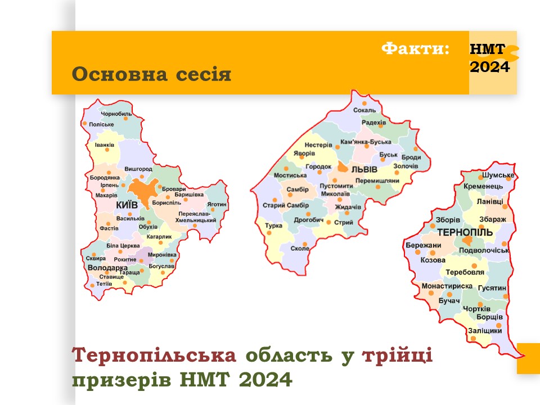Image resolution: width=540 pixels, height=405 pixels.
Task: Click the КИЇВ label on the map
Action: (x=127, y=205)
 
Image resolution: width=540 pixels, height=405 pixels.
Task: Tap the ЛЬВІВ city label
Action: (x=364, y=169)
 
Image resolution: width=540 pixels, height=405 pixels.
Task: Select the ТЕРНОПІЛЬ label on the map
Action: (x=465, y=232)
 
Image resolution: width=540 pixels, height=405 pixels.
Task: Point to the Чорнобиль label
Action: (x=116, y=114)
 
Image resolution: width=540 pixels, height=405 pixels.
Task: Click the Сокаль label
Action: (x=364, y=110)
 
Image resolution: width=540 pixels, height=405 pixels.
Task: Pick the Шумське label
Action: (x=498, y=175)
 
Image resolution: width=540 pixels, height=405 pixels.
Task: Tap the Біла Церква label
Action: (x=123, y=246)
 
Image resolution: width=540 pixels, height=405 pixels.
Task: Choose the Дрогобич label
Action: (x=309, y=220)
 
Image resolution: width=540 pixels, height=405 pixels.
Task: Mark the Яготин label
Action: (x=217, y=204)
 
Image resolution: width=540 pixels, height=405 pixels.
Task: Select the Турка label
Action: (x=273, y=226)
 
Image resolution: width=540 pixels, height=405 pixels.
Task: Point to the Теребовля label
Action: (x=465, y=272)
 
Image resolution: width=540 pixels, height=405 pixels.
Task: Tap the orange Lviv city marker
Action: (x=343, y=167)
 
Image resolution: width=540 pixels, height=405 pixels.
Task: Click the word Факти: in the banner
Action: (x=415, y=48)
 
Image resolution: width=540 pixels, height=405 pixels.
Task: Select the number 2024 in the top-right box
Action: (x=490, y=67)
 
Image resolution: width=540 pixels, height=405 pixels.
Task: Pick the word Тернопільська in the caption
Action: (x=154, y=355)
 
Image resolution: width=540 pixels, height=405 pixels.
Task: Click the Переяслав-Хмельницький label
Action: (x=195, y=217)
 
